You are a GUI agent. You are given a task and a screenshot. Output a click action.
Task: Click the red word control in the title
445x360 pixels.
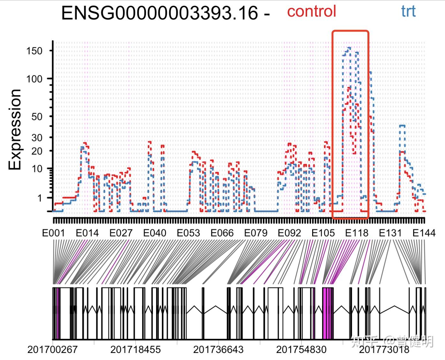pyautogui.click(x=311, y=11)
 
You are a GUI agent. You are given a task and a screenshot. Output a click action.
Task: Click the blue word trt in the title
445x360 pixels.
pyautogui.click(x=408, y=11)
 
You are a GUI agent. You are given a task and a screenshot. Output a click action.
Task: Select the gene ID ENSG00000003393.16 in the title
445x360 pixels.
pyautogui.click(x=159, y=13)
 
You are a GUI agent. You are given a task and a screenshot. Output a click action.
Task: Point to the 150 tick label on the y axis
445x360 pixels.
pyautogui.click(x=34, y=51)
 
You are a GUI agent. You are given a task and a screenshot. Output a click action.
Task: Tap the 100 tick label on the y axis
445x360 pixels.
pyautogui.click(x=34, y=79)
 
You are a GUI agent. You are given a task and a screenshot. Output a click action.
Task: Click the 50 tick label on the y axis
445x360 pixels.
pyautogui.click(x=37, y=116)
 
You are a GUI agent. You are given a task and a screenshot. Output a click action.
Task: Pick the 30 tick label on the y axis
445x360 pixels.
pyautogui.click(x=37, y=138)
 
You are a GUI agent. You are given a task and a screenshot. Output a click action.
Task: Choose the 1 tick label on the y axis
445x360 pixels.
pyautogui.click(x=40, y=198)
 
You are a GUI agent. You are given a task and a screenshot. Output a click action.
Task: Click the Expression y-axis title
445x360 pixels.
pyautogui.click(x=15, y=129)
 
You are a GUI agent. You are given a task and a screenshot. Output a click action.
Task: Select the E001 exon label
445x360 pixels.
pyautogui.click(x=53, y=233)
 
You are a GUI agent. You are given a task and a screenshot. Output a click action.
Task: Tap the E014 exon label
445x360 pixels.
pyautogui.click(x=87, y=233)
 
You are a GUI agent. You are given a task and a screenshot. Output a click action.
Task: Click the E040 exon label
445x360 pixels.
pyautogui.click(x=155, y=233)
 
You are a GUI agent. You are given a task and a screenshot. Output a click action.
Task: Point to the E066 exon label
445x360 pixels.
pyautogui.click(x=222, y=233)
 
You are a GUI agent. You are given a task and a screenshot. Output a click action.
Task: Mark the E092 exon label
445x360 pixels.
pyautogui.click(x=289, y=233)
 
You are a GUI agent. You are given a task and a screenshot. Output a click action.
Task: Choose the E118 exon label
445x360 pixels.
pyautogui.click(x=357, y=233)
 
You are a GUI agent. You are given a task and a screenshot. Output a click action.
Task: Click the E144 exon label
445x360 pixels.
pyautogui.click(x=424, y=233)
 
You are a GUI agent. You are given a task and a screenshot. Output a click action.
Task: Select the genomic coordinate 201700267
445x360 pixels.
pyautogui.click(x=52, y=349)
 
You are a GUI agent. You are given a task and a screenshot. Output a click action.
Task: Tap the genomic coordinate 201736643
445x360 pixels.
pyautogui.click(x=218, y=349)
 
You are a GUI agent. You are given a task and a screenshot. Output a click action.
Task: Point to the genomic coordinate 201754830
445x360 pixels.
pyautogui.click(x=301, y=349)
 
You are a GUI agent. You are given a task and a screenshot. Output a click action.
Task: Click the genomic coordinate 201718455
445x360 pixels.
pyautogui.click(x=135, y=349)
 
